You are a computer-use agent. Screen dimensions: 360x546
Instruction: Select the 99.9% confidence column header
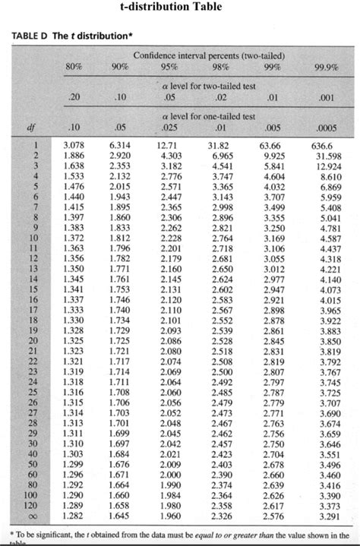[325, 68]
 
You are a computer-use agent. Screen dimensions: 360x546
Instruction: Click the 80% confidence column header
[74, 68]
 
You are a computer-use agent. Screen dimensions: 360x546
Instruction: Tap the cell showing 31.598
[326, 155]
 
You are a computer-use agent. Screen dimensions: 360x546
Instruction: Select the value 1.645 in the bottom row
[121, 514]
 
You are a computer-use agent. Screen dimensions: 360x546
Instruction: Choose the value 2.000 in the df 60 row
[169, 472]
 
